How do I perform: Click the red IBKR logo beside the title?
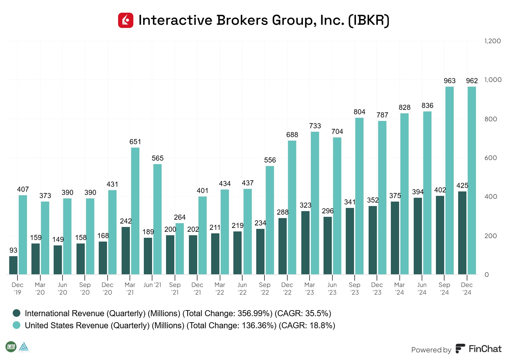pyautogui.click(x=126, y=20)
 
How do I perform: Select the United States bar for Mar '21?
pyautogui.click(x=135, y=211)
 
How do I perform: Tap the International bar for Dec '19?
pyautogui.click(x=13, y=265)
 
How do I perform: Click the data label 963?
pyautogui.click(x=450, y=81)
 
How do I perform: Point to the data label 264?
pyautogui.click(x=180, y=217)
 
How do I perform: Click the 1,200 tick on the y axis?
pyautogui.click(x=492, y=41)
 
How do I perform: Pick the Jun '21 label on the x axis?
pyautogui.click(x=152, y=285)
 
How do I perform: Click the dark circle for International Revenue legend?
pyautogui.click(x=17, y=313)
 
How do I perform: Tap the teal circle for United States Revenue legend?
pyautogui.click(x=17, y=325)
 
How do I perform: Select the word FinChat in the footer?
pyautogui.click(x=485, y=349)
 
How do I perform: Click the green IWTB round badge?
pyautogui.click(x=11, y=346)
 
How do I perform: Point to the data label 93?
pyautogui.click(x=13, y=250)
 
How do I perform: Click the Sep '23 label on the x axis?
pyautogui.click(x=354, y=288)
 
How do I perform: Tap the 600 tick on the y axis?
pyautogui.click(x=491, y=158)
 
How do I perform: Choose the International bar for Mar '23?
pyautogui.click(x=305, y=243)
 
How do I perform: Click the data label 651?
pyautogui.click(x=135, y=142)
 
